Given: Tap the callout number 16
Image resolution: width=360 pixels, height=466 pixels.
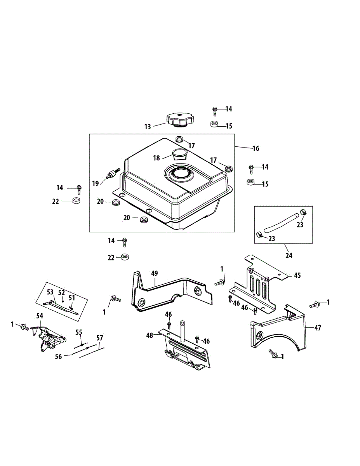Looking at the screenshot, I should point(256,148).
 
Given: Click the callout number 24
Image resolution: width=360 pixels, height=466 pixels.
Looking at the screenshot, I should point(289,256).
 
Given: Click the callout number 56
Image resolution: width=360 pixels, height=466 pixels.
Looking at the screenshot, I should point(58,357).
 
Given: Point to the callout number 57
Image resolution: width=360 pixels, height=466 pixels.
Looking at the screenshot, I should point(100,338).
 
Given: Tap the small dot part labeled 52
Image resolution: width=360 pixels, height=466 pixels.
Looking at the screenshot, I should point(63,301).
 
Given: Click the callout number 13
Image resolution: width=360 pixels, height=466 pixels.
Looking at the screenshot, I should point(148,127).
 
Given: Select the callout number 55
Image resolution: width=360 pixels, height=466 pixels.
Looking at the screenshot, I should point(79,332).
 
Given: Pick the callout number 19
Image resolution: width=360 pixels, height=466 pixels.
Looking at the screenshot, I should point(96,184).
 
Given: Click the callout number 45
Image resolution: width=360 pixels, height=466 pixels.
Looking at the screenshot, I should point(297,275).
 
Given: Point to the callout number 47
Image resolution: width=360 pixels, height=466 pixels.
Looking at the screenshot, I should point(318,328).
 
